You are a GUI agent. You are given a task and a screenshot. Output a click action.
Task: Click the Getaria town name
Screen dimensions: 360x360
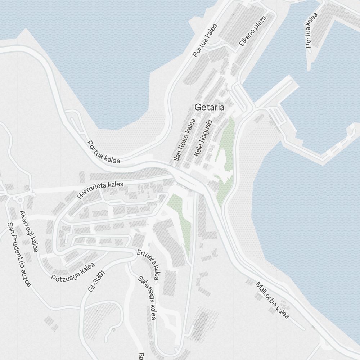(209, 107)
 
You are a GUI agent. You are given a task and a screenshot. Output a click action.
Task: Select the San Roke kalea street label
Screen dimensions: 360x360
(184, 140)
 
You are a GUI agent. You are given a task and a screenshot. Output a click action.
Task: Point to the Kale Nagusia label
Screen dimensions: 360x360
(203, 138)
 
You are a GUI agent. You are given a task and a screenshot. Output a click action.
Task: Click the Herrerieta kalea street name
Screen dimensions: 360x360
(100, 190)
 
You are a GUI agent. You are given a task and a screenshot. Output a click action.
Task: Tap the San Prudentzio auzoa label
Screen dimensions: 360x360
(19, 255)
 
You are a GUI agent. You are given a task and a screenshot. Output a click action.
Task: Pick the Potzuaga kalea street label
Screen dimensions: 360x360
(73, 272)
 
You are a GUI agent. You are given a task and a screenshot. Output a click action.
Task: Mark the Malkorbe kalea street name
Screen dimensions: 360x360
(272, 300)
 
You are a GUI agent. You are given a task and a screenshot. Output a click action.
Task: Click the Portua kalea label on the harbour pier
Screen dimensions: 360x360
(312, 31)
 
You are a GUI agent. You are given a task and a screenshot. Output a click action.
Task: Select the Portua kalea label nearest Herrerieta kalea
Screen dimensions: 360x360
(104, 152)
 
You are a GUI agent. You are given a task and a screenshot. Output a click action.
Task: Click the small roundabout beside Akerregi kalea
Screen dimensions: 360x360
(20, 199)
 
